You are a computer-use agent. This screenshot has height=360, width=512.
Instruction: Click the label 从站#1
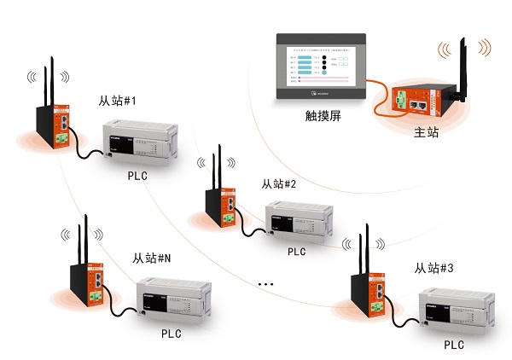point(117,102)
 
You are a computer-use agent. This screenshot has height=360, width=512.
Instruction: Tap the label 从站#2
point(278,183)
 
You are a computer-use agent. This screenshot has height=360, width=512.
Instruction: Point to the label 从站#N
point(152,258)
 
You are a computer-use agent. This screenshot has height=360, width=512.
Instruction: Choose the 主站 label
point(426,133)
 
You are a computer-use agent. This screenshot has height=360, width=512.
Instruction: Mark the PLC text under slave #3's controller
point(454,345)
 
